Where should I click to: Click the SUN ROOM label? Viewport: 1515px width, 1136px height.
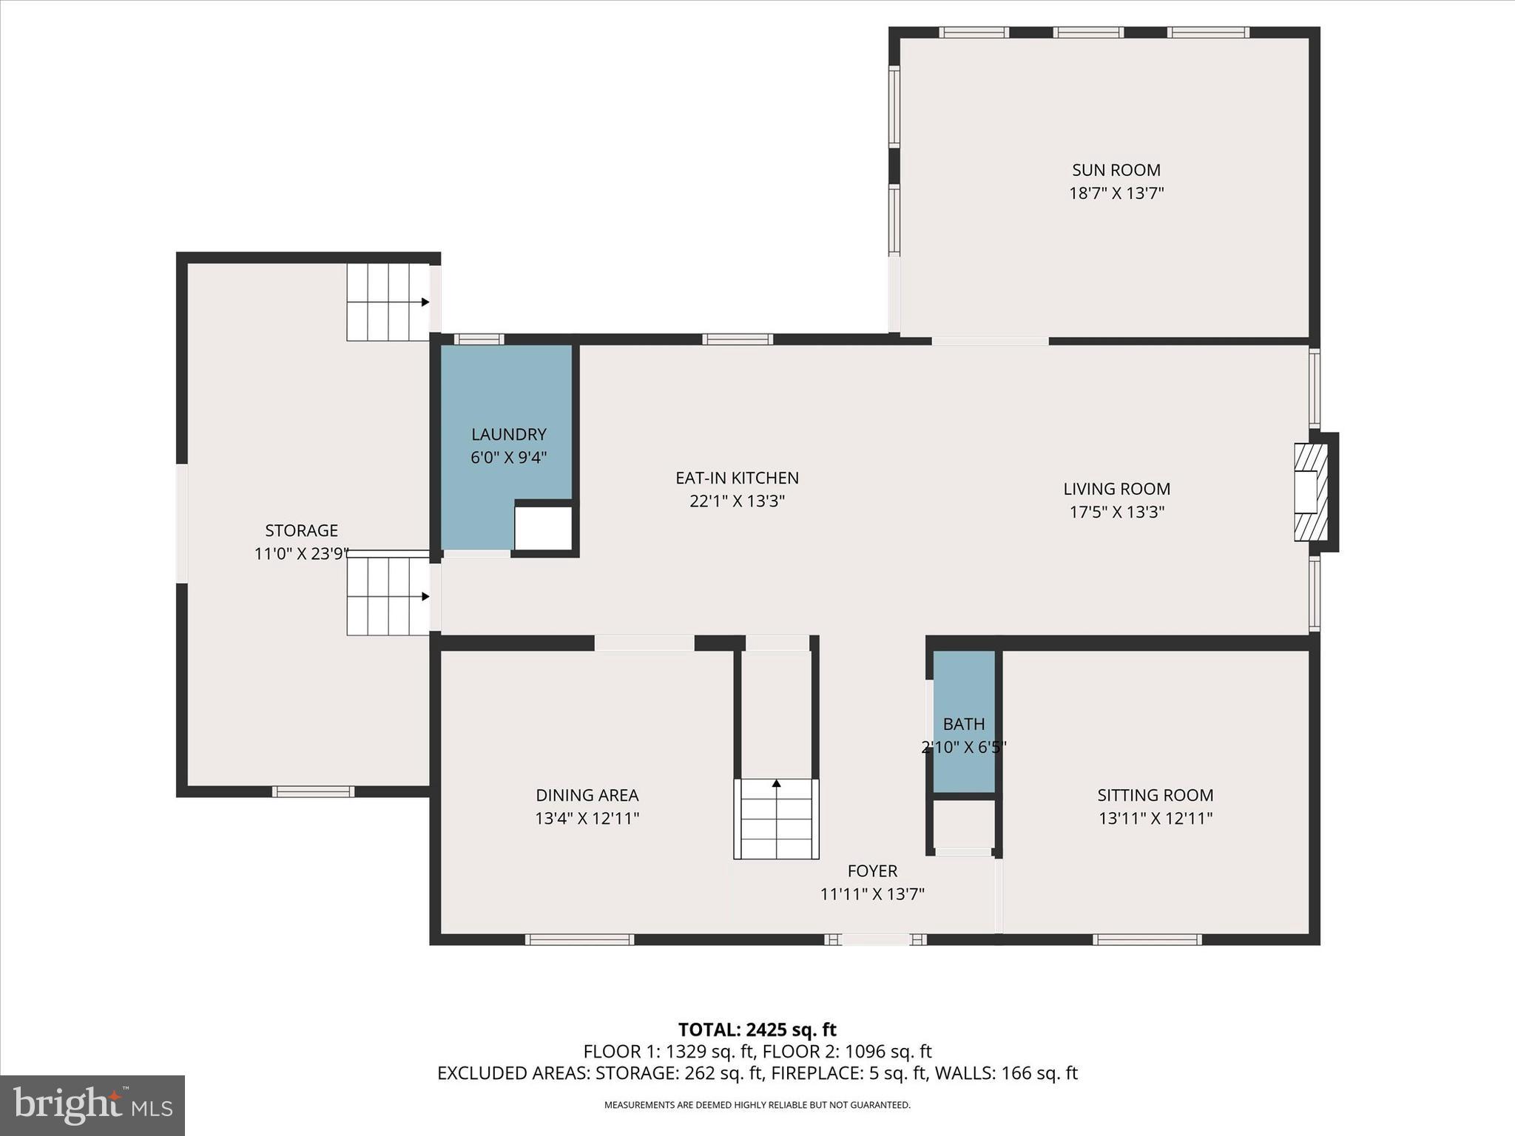[1116, 170]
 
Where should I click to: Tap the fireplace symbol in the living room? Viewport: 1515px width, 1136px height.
[1310, 492]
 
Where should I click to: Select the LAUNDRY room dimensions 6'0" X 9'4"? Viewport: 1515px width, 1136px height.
[508, 458]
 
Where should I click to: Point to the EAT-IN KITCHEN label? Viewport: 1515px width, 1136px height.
[737, 478]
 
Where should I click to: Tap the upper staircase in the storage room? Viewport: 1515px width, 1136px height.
[388, 302]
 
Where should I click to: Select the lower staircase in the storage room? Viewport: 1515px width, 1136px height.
[388, 596]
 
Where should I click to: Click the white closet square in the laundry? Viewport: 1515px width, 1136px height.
[543, 527]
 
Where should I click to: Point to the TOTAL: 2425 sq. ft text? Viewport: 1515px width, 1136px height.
[757, 1029]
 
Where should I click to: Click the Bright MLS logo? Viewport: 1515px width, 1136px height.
[92, 1105]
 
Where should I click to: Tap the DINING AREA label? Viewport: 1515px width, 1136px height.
[587, 795]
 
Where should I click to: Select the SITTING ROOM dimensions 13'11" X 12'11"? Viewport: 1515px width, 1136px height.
[1155, 819]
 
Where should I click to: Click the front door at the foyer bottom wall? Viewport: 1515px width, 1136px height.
[876, 939]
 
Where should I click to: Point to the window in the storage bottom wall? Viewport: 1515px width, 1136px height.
[313, 791]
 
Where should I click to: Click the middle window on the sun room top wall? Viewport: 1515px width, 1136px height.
[1088, 33]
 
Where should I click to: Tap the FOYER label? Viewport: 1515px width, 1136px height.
[872, 871]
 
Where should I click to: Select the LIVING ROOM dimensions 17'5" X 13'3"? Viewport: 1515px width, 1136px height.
[1116, 512]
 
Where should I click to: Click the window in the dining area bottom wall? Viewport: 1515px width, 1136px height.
[579, 939]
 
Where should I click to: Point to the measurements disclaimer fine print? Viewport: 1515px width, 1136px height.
[757, 1105]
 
